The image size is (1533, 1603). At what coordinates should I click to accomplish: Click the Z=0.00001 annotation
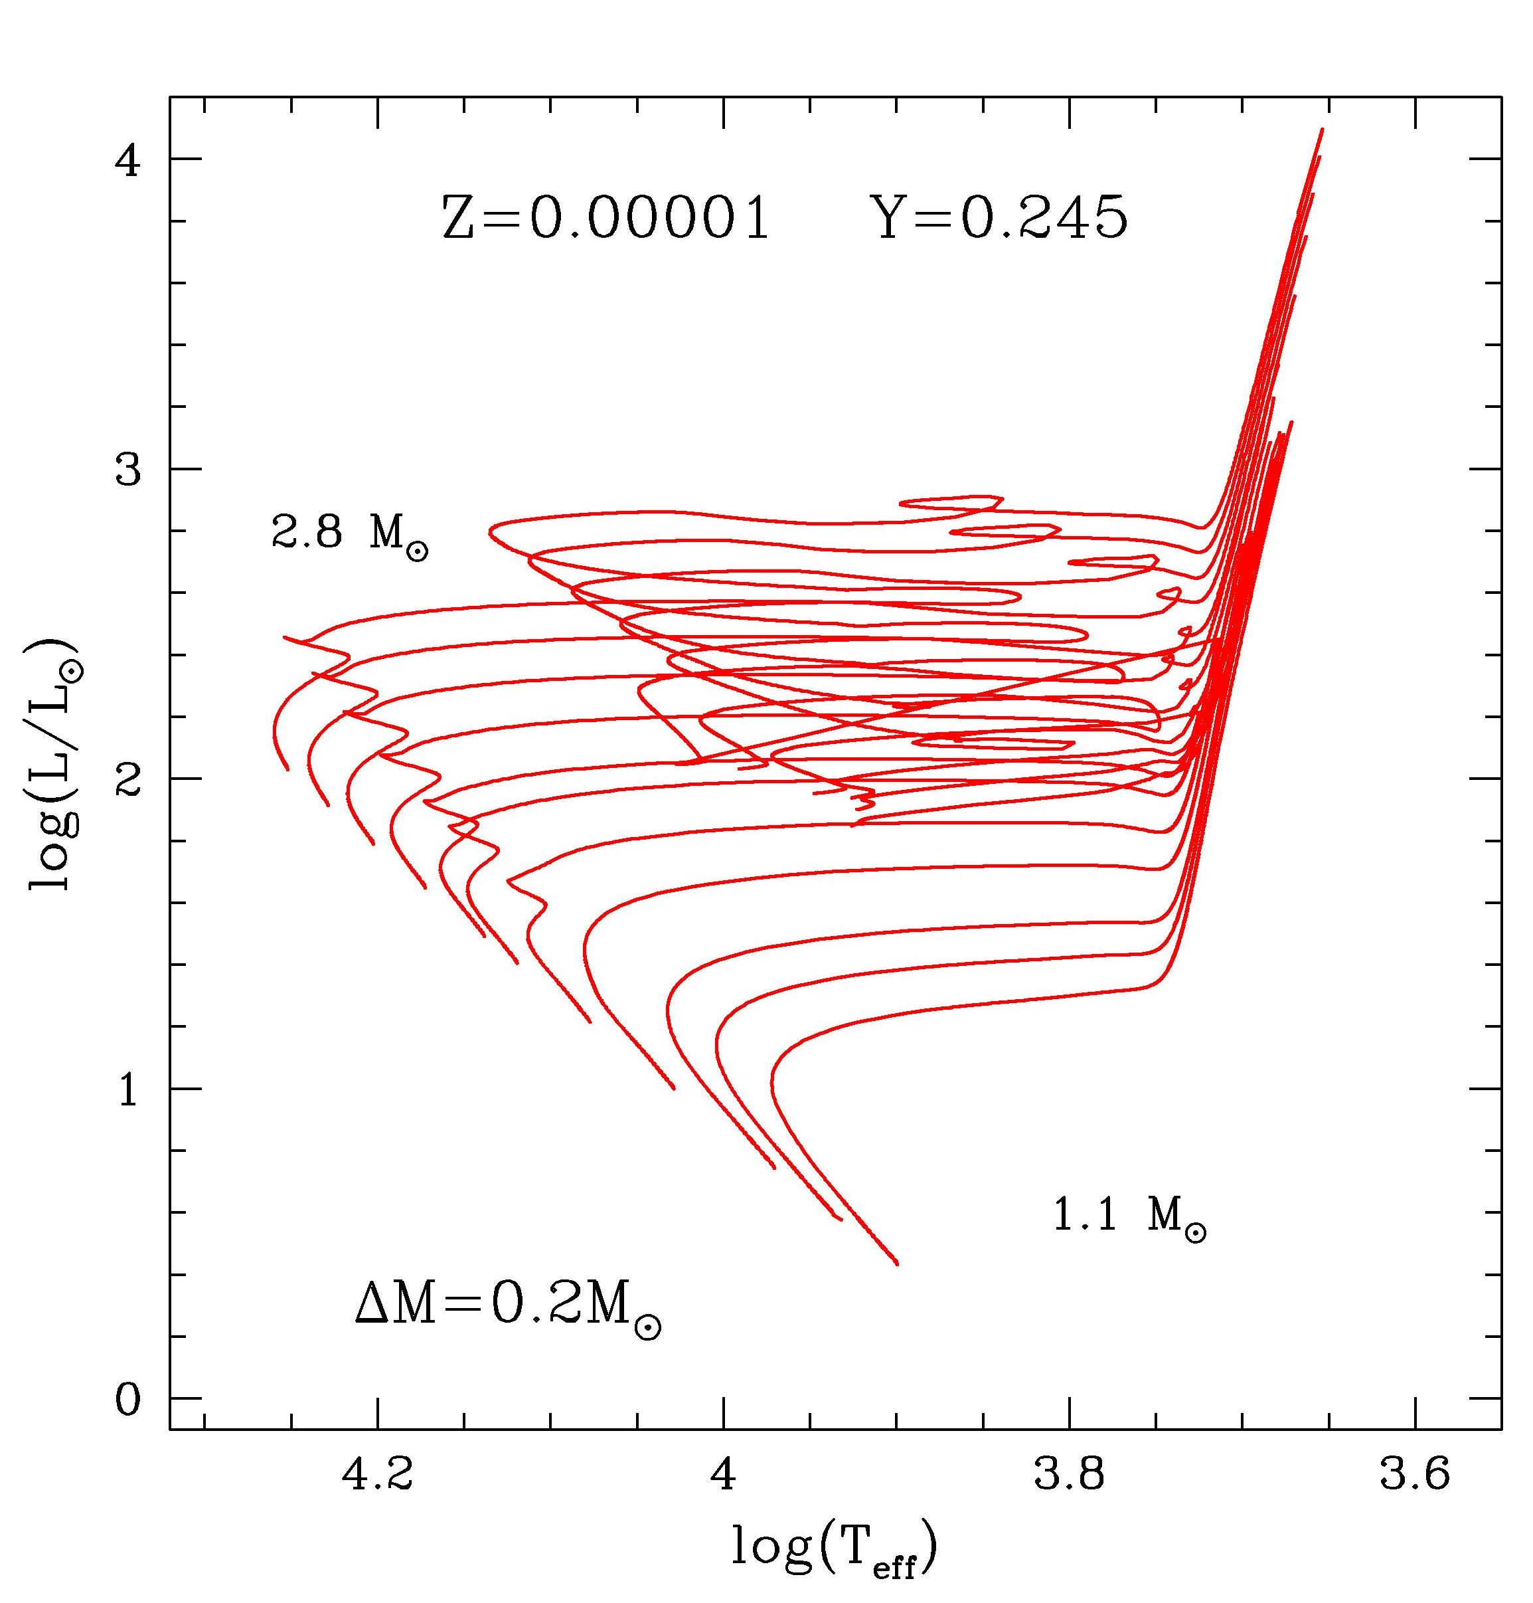click(x=605, y=219)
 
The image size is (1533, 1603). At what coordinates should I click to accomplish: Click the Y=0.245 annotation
click(x=1002, y=219)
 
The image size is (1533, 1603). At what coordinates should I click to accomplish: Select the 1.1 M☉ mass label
click(x=1129, y=1216)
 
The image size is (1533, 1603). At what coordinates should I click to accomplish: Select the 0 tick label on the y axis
click(x=129, y=1400)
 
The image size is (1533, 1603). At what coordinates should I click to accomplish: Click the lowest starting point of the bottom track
click(x=897, y=1264)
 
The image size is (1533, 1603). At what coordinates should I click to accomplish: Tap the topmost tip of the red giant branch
click(x=1322, y=129)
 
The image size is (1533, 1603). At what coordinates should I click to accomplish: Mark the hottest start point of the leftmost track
click(x=287, y=769)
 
